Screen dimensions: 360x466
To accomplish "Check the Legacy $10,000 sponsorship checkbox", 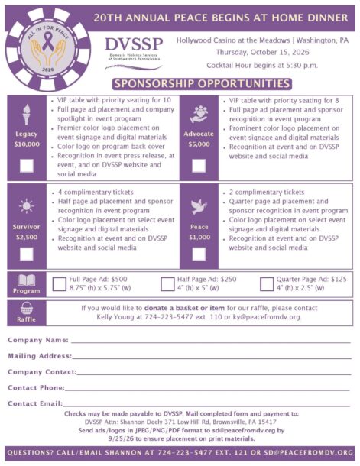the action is point(26,164).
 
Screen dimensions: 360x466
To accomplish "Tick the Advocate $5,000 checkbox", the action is point(199,164).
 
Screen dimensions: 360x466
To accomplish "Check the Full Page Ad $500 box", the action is point(60,284).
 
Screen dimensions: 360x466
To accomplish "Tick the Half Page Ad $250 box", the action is point(167,284).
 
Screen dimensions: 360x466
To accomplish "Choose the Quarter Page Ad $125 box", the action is point(267,284).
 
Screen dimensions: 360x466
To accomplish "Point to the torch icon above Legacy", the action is point(26,112).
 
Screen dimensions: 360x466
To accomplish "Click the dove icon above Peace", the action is point(198,206).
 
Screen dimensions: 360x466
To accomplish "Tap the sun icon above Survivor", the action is point(26,206).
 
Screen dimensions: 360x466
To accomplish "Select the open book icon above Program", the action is point(26,280).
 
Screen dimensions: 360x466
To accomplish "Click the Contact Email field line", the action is point(206,406).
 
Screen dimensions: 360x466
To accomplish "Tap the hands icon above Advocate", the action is point(198,112).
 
